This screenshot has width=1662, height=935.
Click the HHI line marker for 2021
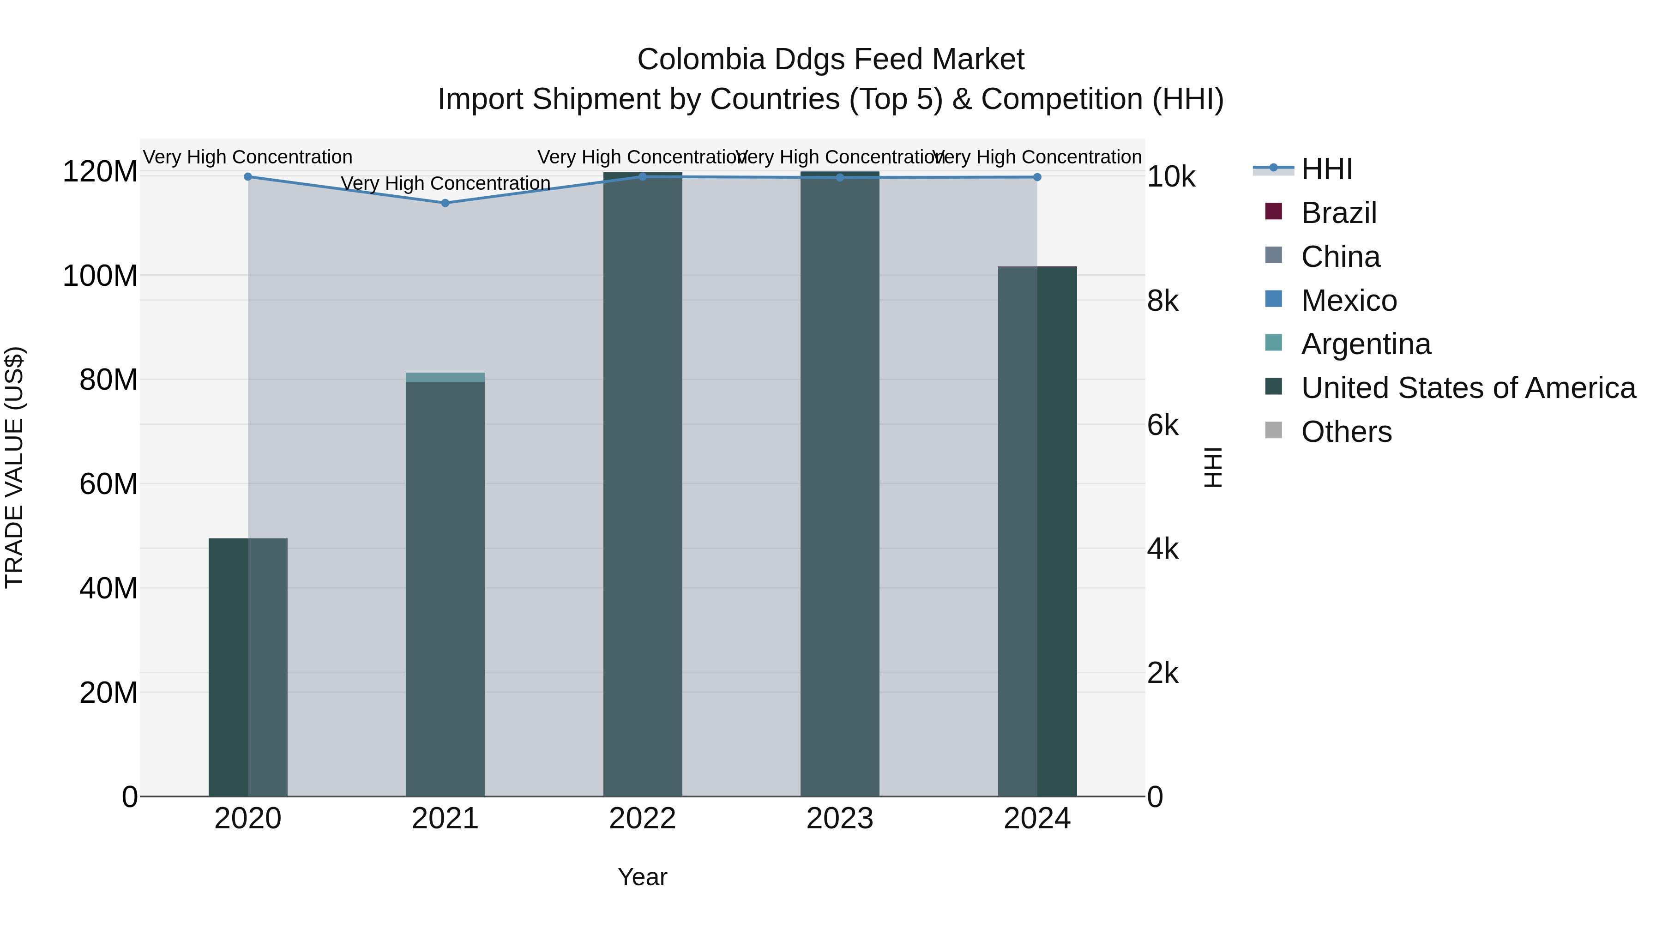pos(445,203)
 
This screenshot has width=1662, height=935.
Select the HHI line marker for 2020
pos(248,176)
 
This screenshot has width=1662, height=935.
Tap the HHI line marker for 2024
pos(1037,177)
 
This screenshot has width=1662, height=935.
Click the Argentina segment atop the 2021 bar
pos(445,378)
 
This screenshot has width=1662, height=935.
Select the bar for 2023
pos(839,484)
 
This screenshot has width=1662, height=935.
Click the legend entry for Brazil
pos(1339,213)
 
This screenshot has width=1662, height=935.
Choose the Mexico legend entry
pos(1349,301)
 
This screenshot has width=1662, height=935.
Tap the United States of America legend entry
pos(1468,388)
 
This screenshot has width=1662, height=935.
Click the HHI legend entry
pos(1326,169)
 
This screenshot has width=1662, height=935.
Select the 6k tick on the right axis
pos(1162,425)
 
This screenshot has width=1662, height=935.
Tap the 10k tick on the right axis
pos(1170,177)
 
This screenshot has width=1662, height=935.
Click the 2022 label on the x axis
pos(642,819)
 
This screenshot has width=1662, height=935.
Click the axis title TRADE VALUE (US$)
pos(14,467)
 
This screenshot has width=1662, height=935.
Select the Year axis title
pos(642,877)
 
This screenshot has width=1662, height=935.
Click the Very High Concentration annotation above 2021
pos(445,183)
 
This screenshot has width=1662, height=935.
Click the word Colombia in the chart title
pos(701,60)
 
